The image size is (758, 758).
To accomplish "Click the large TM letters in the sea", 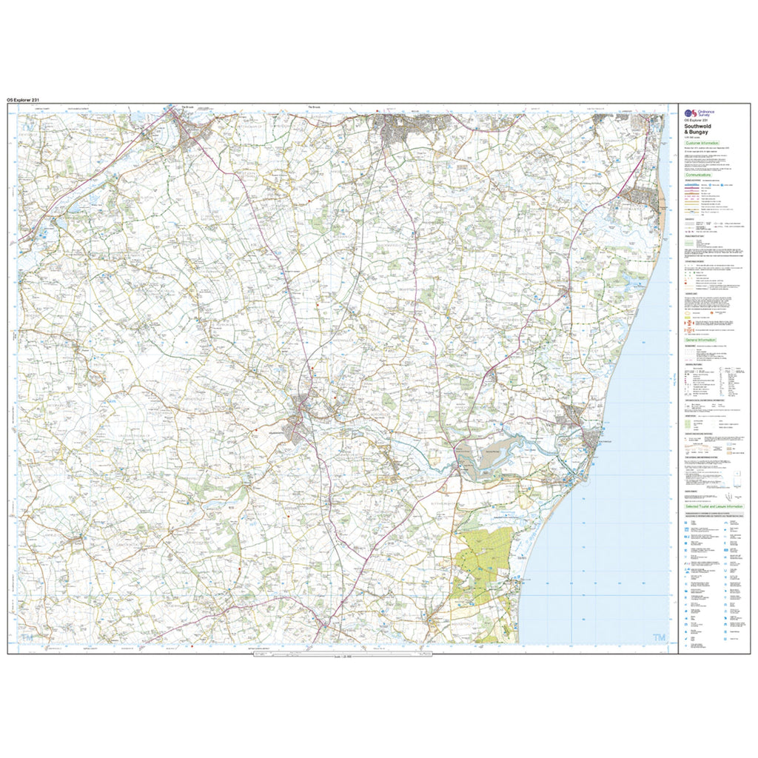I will coord(658,638).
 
